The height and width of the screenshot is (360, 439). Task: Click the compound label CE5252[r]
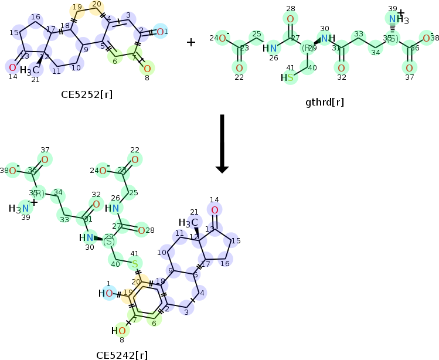pyautogui.click(x=83, y=93)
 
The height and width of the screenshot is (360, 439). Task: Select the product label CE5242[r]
pyautogui.click(x=122, y=354)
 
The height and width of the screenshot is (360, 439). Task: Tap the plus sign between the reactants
pyautogui.click(x=191, y=42)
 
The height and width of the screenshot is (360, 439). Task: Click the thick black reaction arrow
pyautogui.click(x=221, y=144)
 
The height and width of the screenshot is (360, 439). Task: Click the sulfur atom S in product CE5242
pyautogui.click(x=135, y=264)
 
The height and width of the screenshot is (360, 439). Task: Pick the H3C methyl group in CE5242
pyautogui.click(x=185, y=222)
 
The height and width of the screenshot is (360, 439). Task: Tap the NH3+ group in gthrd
pyautogui.click(x=397, y=20)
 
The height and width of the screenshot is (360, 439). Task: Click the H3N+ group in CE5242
pyautogui.click(x=22, y=208)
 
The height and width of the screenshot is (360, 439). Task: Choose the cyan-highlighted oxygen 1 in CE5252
pyautogui.click(x=162, y=31)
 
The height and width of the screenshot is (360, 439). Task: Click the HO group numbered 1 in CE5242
pyautogui.click(x=106, y=293)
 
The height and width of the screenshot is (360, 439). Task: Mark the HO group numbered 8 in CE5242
pyautogui.click(x=118, y=331)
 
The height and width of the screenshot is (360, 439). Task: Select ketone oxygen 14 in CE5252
pyautogui.click(x=12, y=67)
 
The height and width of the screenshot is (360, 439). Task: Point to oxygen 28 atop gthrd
pyautogui.click(x=290, y=19)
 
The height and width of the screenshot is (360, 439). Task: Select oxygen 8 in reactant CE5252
pyautogui.click(x=147, y=69)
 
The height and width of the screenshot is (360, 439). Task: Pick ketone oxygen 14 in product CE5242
pyautogui.click(x=215, y=210)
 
